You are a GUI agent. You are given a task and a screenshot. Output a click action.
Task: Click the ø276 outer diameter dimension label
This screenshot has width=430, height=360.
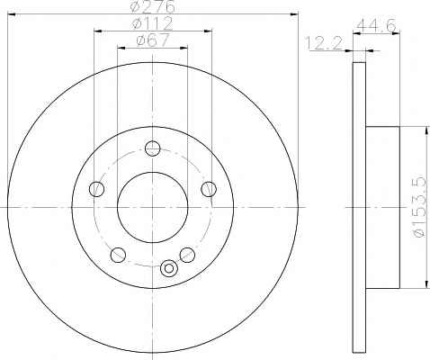153,6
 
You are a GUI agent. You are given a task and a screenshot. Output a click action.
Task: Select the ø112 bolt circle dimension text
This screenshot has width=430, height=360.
153,23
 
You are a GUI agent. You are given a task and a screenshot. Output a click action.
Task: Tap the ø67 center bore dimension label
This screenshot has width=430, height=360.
153,40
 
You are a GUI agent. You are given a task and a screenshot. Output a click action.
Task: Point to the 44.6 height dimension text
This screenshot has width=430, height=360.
376,25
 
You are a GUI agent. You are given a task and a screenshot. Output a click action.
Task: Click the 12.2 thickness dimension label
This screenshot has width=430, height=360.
324,43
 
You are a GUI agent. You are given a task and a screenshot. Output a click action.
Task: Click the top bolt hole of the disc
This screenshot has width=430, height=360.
153,148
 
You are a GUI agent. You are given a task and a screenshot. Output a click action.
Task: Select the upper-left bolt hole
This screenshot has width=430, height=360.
97,189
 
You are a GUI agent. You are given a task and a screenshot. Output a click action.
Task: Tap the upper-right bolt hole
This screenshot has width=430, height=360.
209,189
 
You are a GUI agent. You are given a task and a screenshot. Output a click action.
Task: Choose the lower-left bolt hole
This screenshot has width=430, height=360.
118,255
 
